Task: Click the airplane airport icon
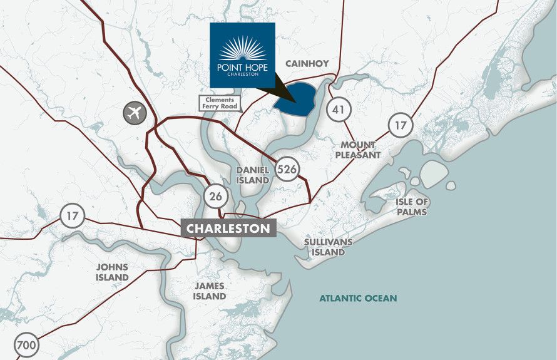133,113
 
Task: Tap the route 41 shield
339,110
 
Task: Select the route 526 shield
287,169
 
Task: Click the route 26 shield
215,196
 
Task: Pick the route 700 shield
26,345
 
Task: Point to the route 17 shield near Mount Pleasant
401,125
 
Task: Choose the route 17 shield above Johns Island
72,217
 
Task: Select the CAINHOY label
307,63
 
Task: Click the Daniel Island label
253,175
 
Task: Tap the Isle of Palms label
412,207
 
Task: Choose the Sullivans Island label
329,247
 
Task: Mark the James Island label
210,291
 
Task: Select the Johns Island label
113,272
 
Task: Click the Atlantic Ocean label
358,298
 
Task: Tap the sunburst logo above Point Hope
242,49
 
